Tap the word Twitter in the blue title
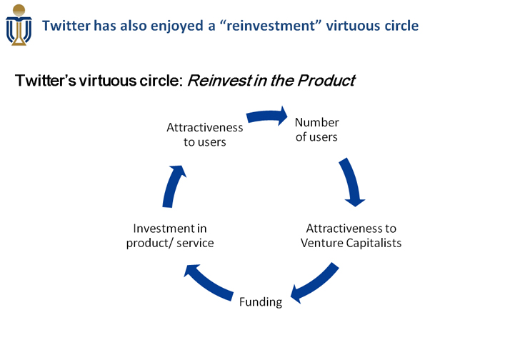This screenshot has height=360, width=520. pos(66,26)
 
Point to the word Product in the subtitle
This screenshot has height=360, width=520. pos(326,81)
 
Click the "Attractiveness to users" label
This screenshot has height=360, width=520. pos(205,134)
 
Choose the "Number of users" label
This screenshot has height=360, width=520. pos(316,129)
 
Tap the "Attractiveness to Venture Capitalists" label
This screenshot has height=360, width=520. pos(351,236)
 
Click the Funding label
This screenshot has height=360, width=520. pos(261,301)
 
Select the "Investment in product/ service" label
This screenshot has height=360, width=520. pos(170,236)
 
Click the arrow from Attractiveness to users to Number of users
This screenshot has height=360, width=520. pos(267,116)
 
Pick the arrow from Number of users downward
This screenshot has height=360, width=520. pos(351,181)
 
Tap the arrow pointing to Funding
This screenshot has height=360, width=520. pos(314,282)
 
